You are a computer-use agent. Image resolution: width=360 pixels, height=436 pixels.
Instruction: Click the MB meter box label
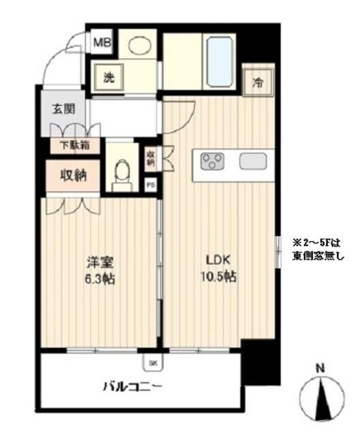102,44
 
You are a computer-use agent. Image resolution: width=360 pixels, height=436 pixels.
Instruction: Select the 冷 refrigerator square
258,84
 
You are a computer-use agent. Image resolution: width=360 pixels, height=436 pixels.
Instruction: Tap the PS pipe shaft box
150,185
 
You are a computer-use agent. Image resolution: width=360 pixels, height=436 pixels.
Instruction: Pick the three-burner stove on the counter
213,162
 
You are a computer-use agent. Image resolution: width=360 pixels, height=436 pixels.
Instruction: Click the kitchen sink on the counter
253,161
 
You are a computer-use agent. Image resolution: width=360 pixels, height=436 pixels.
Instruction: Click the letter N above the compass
320,369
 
